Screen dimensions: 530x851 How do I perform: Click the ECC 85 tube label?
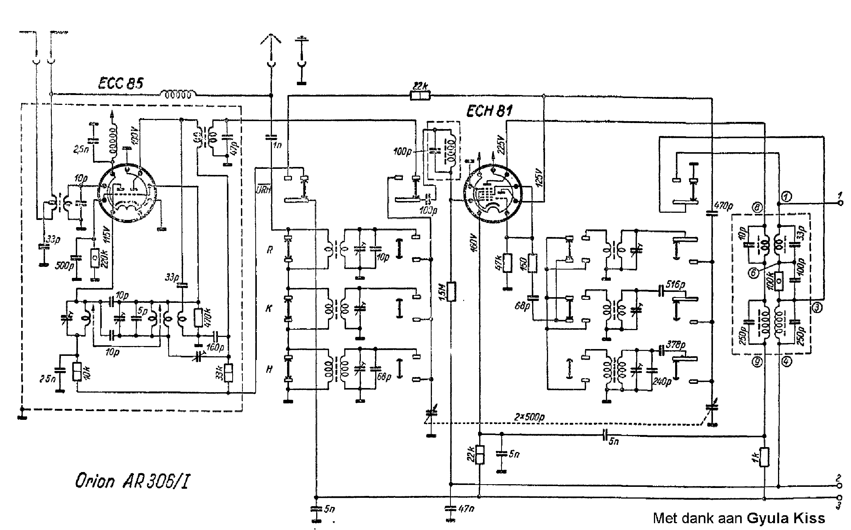tap(120, 83)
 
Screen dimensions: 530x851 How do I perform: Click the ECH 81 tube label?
tap(489, 111)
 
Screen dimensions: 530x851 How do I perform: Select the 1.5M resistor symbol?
tap(451, 291)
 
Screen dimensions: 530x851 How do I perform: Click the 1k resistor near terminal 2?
tap(764, 457)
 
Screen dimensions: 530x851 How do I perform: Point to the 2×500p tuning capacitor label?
tap(530, 417)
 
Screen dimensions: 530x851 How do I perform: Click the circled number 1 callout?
tap(786, 196)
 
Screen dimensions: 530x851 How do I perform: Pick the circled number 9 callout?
tap(757, 362)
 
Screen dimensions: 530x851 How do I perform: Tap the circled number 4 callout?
tap(786, 362)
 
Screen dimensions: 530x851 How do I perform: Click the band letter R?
tap(269, 250)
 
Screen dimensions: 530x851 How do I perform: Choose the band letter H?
tap(269, 369)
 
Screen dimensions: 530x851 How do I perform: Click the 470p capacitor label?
tap(723, 206)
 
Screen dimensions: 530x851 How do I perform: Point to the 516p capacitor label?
tap(676, 284)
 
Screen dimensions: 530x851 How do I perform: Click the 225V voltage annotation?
tap(501, 144)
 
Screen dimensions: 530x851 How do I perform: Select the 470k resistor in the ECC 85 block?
tap(198, 318)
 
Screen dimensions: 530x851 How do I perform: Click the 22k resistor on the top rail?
tap(420, 96)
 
